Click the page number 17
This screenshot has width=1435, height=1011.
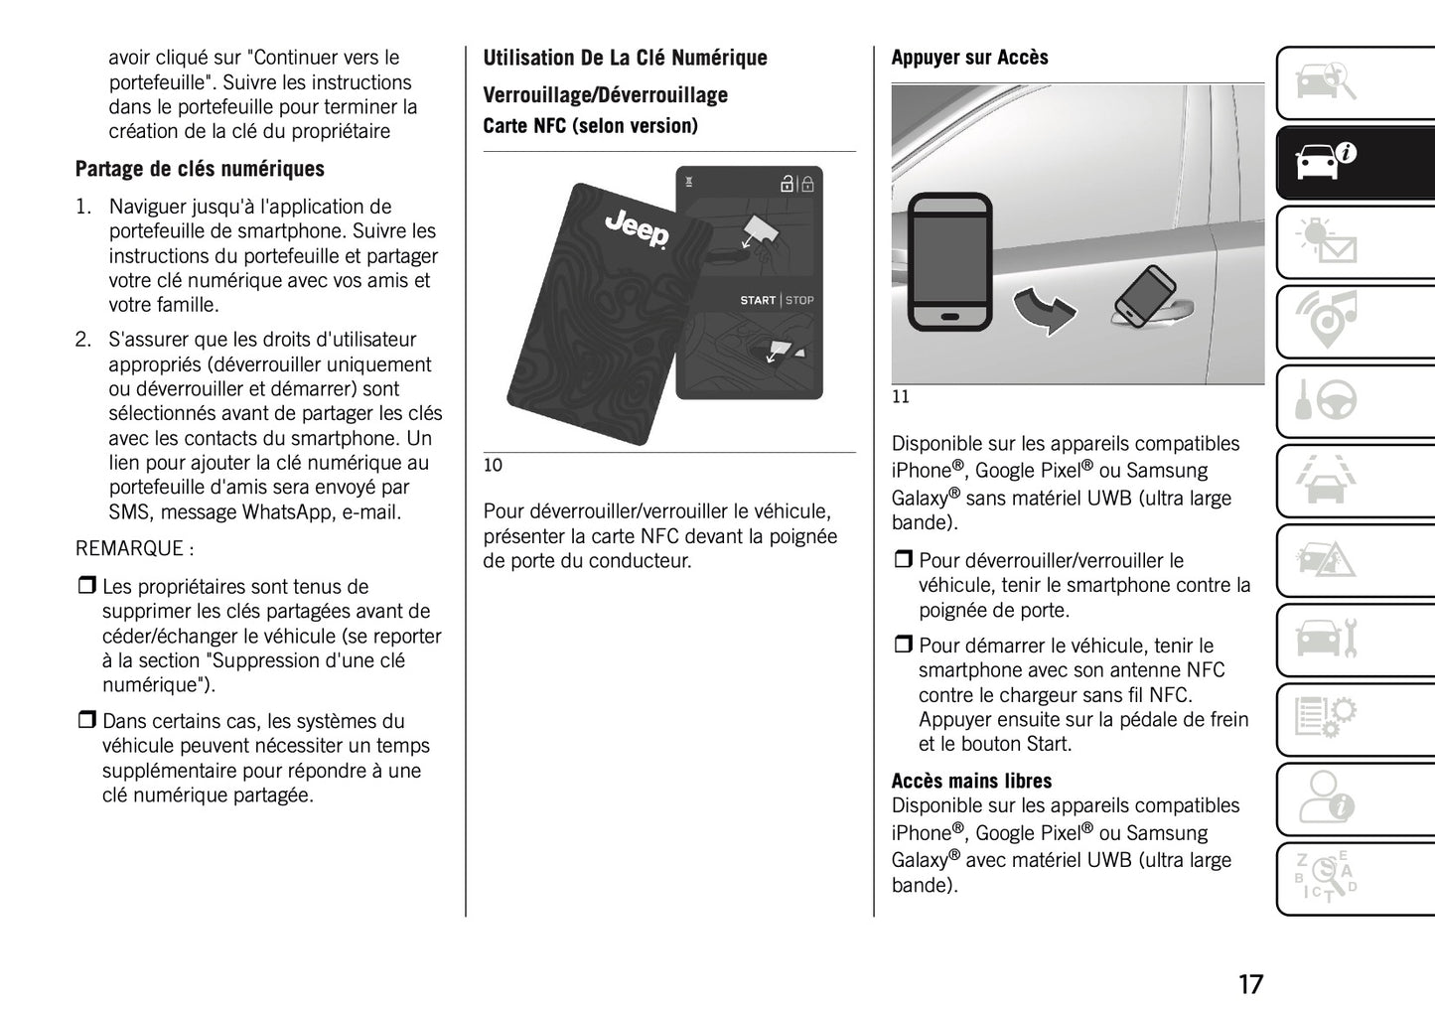pos(1250,984)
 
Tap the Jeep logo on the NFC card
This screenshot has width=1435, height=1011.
pos(637,229)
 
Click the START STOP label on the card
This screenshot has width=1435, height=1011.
pos(777,300)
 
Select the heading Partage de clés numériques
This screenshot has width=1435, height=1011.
pos(200,169)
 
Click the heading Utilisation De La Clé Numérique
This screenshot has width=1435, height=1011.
pos(625,58)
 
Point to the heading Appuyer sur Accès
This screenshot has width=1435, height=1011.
pos(969,58)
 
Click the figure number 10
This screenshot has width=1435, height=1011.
pos(493,465)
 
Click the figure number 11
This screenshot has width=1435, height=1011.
pos(900,397)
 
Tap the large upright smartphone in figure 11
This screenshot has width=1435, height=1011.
pos(950,262)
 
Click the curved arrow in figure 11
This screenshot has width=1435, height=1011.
pos(1044,311)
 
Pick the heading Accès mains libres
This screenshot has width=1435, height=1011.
pos(971,781)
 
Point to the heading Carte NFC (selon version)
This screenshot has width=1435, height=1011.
pos(590,126)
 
